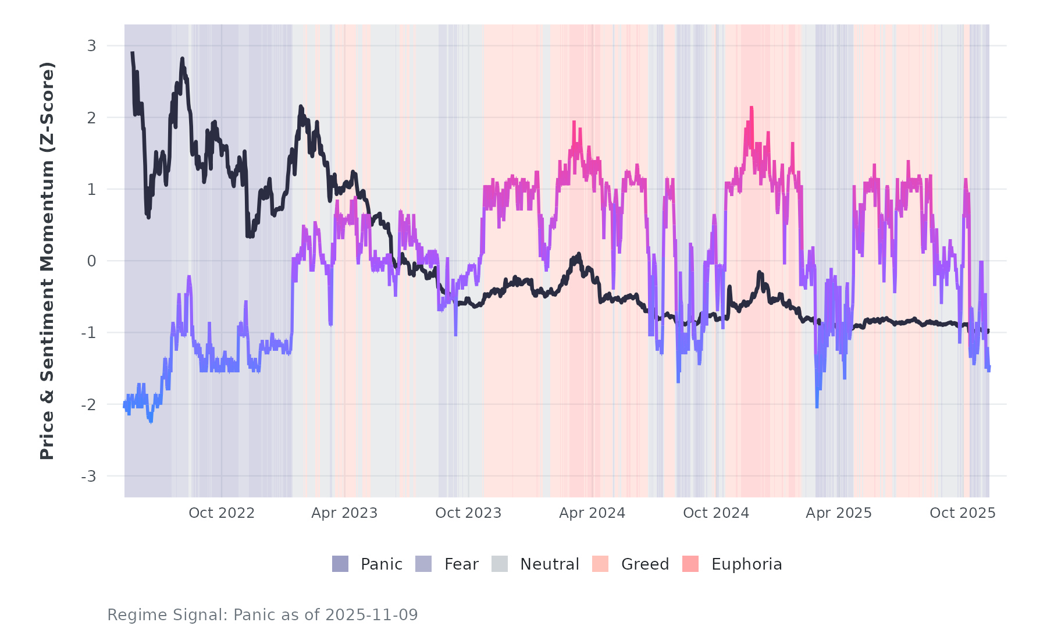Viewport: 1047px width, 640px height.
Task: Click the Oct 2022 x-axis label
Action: click(222, 513)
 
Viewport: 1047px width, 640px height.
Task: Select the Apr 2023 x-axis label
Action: click(344, 513)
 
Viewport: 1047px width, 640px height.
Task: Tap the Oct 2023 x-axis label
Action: click(468, 513)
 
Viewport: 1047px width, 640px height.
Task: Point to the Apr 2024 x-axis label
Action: click(592, 513)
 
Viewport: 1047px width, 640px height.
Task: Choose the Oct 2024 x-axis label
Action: click(716, 513)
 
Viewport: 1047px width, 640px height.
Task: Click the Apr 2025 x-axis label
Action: click(839, 513)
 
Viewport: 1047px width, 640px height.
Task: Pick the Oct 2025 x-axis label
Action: click(963, 513)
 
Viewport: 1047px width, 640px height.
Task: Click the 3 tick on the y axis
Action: click(91, 46)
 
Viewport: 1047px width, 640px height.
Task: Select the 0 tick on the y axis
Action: click(91, 261)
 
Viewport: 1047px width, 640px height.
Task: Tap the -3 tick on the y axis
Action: click(88, 477)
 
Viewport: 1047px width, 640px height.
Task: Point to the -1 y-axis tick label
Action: click(88, 333)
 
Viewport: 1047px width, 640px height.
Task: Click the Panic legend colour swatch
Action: click(340, 564)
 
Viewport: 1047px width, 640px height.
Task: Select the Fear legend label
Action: click(461, 564)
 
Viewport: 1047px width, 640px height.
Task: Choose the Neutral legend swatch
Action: click(500, 564)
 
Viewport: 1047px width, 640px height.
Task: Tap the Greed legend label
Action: click(645, 564)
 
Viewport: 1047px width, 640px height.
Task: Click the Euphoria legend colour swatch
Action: click(690, 564)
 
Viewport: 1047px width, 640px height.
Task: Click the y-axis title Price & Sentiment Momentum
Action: click(47, 261)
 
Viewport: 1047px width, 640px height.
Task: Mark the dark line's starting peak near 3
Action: click(132, 53)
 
